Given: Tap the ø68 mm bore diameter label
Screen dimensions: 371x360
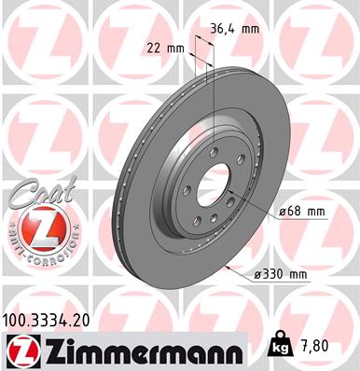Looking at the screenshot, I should click(300, 213).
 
